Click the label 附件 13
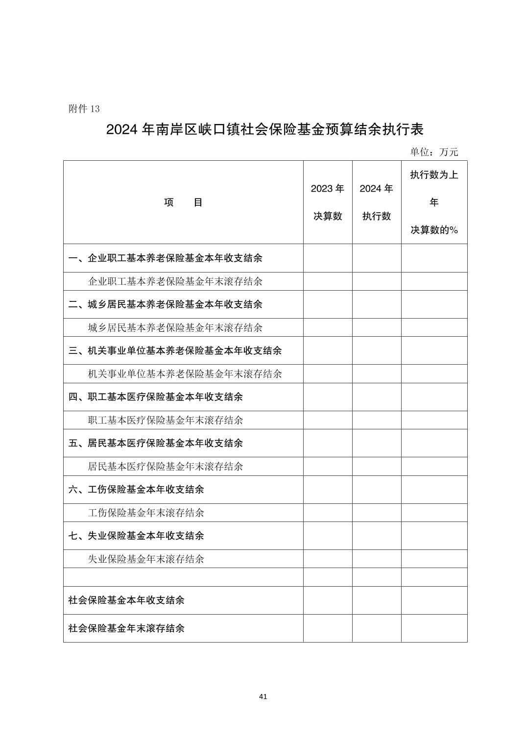[84, 109]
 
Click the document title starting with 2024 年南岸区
[264, 130]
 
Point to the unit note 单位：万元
[433, 152]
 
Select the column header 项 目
[183, 202]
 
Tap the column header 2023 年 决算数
[328, 202]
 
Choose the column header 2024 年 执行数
[377, 202]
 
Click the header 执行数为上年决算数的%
[434, 202]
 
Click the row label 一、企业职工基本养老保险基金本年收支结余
[166, 258]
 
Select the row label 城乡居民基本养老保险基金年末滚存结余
[175, 327]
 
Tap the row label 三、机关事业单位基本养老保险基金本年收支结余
[175, 350]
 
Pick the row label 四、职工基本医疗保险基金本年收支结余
[156, 397]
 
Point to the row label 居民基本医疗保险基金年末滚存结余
[165, 466]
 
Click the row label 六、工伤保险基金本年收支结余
[136, 489]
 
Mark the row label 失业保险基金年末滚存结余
[146, 559]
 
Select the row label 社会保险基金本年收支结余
[126, 600]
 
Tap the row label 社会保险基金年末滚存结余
[126, 628]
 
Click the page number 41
[263, 696]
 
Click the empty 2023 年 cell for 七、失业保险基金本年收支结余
[328, 536]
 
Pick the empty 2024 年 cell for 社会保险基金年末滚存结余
[377, 628]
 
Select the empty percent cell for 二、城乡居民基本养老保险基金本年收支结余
[434, 304]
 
